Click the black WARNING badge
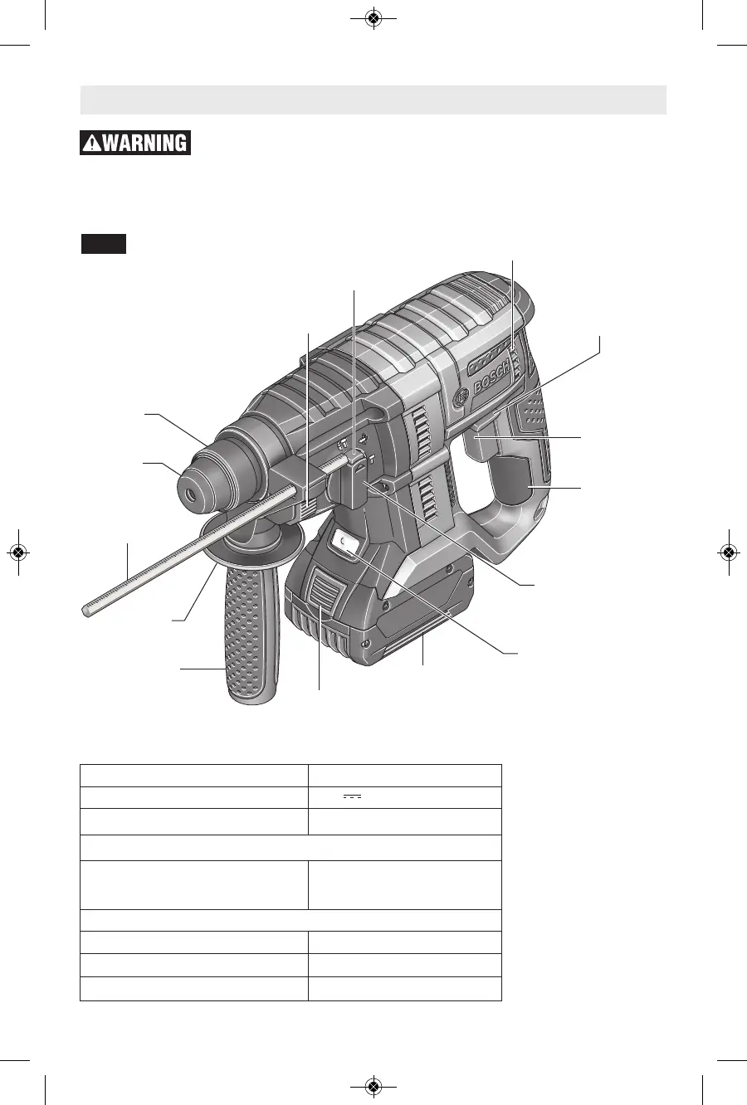(x=135, y=143)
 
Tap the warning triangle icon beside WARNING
(x=92, y=144)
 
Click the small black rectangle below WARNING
(x=104, y=244)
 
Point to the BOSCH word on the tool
(x=491, y=377)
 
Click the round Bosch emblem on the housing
(x=461, y=396)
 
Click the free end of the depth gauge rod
(x=85, y=612)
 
